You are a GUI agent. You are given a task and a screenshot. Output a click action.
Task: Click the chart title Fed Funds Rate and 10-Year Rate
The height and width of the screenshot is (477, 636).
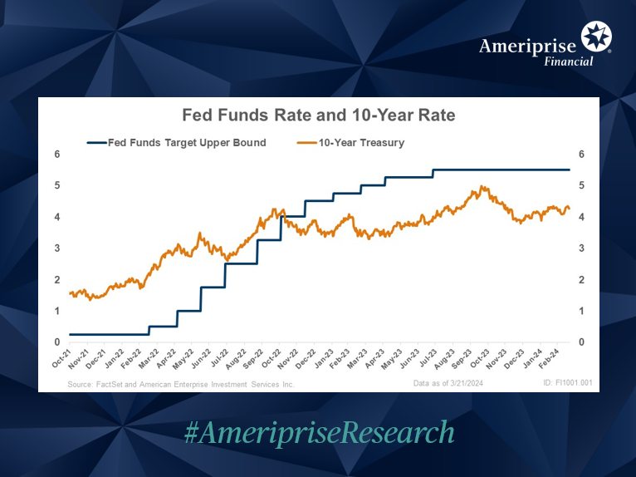coord(318,115)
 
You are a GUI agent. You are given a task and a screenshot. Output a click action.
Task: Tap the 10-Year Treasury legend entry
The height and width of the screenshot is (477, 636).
coord(350,142)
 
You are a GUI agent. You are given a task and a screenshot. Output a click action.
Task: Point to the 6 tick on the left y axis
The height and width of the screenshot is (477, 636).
coord(57,155)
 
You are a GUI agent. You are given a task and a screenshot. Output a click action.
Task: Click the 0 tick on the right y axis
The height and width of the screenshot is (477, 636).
coord(581,342)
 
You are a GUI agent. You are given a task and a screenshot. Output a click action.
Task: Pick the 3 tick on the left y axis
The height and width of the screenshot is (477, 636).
coord(57,248)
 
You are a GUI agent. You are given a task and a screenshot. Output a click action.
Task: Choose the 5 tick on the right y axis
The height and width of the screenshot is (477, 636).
coord(581,185)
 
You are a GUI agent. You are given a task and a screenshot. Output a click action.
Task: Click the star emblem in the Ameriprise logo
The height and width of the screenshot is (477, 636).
coord(596,37)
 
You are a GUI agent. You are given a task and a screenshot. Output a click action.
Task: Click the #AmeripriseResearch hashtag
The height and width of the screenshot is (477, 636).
coord(318,432)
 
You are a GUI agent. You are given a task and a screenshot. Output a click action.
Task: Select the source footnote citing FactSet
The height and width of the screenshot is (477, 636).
coord(181,385)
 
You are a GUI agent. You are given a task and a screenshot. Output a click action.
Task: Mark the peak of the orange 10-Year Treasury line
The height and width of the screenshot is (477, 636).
coord(482,187)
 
